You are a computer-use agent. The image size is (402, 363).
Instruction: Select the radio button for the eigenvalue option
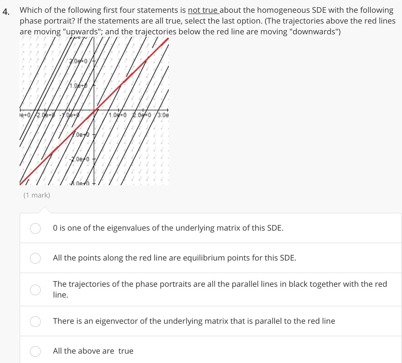tap(35, 228)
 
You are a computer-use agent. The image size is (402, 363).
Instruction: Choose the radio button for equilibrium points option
tap(35, 258)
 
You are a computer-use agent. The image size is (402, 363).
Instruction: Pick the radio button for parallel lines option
tap(35, 290)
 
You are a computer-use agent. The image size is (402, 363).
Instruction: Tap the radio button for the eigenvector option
tap(35, 321)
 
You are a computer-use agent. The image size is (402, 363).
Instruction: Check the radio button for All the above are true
tap(35, 351)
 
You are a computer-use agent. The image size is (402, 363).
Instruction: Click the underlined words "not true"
tap(203, 10)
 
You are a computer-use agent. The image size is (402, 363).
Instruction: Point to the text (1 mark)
tap(37, 195)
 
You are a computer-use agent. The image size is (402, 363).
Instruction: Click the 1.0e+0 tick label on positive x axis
tap(117, 115)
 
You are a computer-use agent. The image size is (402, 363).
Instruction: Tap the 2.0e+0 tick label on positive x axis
tap(142, 115)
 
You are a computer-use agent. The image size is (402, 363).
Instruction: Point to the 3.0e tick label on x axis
tap(163, 115)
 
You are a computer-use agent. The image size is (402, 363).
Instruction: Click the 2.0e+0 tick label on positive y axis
tap(78, 61)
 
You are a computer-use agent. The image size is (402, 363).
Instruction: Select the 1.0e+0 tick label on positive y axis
tap(78, 86)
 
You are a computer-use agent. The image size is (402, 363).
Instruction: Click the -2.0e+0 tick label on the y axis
tap(79, 159)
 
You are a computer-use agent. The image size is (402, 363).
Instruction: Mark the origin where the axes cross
tap(95, 110)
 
